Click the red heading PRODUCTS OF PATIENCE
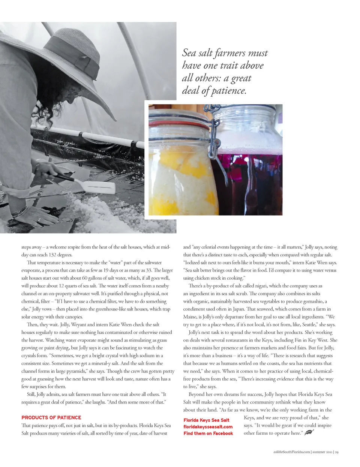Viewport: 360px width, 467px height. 51,418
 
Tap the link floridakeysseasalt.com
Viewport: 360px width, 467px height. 208,427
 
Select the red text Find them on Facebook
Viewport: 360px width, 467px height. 208,434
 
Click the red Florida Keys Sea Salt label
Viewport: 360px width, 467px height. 206,420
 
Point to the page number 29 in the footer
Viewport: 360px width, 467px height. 337,452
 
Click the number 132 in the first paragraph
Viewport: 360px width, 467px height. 52,255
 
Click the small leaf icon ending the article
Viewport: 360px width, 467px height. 309,433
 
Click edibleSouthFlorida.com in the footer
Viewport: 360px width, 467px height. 292,452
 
